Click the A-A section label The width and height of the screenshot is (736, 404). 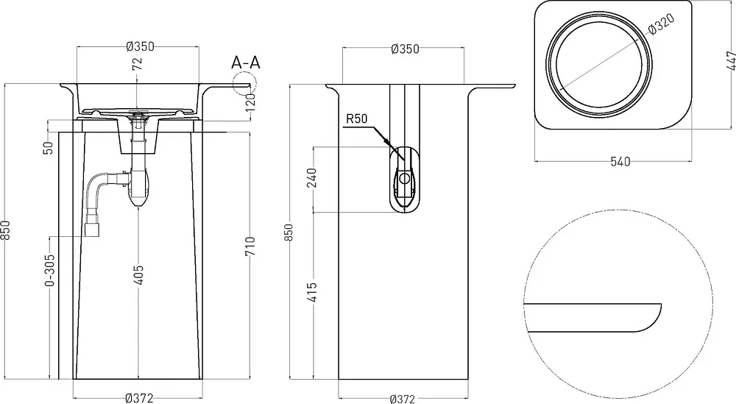[246, 63]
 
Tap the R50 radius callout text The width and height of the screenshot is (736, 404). [357, 118]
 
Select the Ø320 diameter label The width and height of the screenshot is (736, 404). [662, 24]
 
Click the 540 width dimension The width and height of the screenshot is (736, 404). [620, 162]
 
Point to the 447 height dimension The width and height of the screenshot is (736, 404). [731, 60]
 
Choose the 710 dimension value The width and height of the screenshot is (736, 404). [250, 247]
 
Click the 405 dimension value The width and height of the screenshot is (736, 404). [139, 275]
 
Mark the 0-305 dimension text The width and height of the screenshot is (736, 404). [50, 270]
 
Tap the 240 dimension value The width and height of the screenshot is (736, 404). [311, 178]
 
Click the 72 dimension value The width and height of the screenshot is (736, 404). [137, 63]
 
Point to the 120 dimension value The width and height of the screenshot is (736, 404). [250, 102]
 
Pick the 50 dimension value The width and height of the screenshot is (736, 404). [49, 147]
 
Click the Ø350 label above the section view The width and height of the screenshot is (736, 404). [140, 46]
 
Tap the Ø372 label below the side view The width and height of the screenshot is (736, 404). [403, 399]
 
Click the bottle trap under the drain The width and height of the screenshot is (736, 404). [138, 188]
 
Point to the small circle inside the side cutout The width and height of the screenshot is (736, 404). [403, 178]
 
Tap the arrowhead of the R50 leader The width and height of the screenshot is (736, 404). [387, 142]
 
